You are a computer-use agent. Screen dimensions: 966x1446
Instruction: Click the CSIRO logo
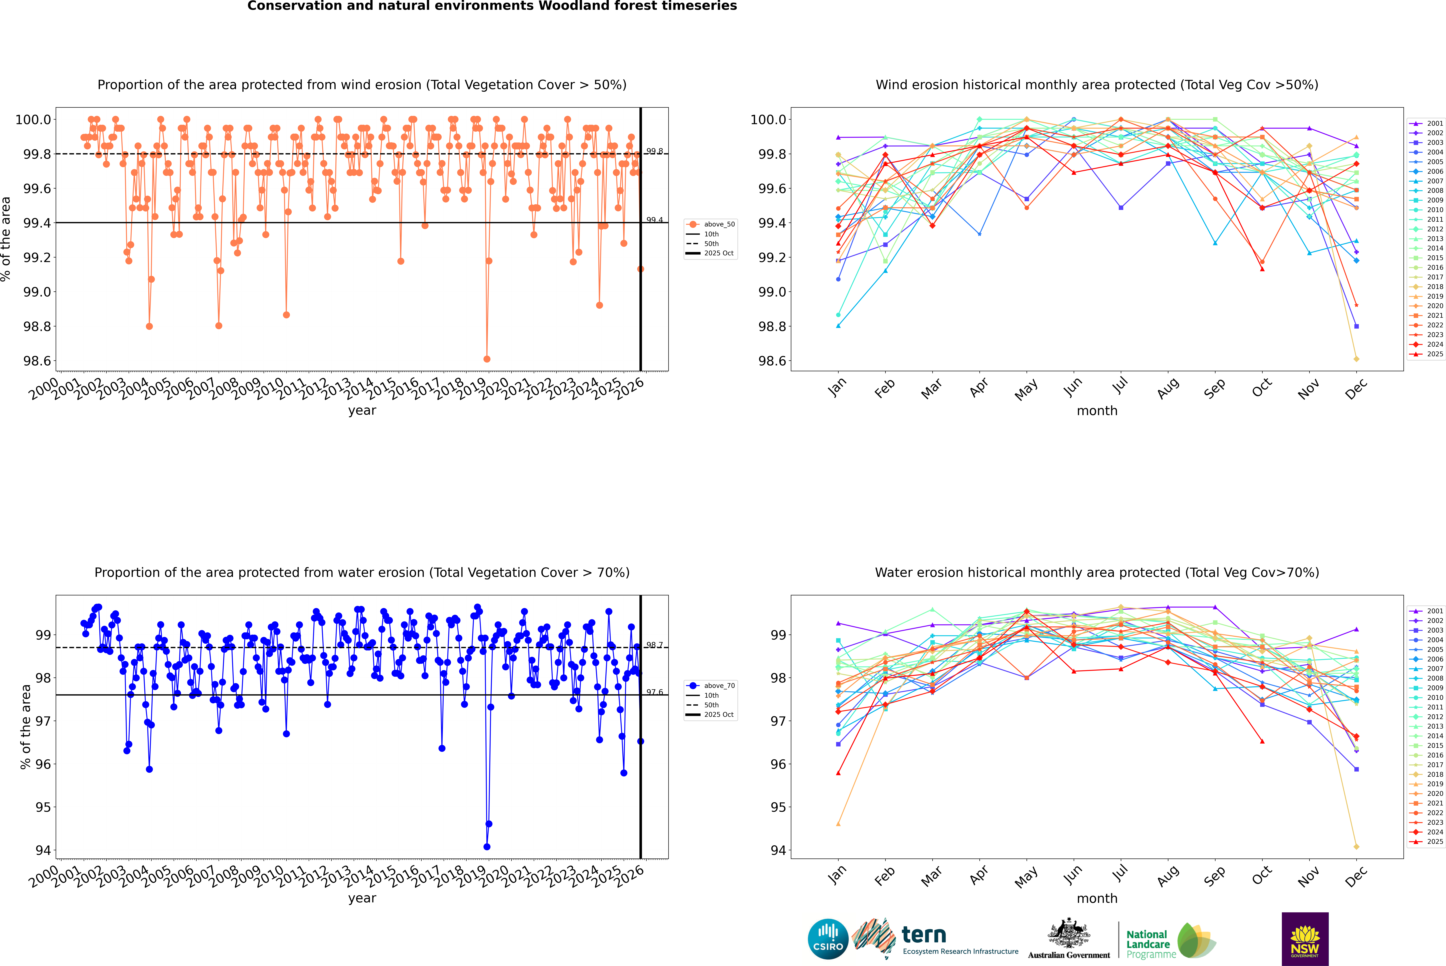(828, 939)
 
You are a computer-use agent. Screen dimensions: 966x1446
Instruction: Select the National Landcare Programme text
(1148, 944)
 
